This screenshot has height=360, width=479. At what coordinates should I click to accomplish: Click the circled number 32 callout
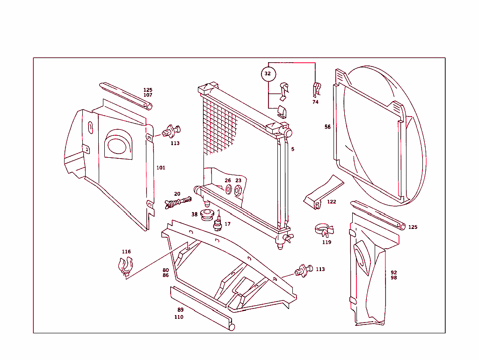click(268, 74)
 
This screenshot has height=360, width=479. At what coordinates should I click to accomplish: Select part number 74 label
click(315, 102)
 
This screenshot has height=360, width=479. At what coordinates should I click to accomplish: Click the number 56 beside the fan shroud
click(327, 127)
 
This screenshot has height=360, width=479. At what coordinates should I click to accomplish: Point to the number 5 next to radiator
click(293, 149)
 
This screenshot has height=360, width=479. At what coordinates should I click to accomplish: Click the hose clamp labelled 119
click(324, 230)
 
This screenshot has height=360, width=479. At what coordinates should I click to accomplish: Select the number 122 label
click(331, 202)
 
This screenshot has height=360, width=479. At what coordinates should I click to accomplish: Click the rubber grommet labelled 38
click(206, 216)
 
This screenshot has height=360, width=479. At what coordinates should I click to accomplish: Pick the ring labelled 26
click(228, 190)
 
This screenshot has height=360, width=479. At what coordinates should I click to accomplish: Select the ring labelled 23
click(238, 190)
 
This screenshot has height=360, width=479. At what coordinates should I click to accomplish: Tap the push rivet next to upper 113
click(172, 132)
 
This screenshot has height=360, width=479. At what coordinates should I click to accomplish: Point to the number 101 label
click(160, 168)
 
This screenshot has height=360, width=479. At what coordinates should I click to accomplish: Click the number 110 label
click(179, 317)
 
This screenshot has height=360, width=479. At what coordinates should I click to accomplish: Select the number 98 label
click(394, 278)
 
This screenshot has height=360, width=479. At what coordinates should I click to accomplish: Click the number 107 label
click(148, 95)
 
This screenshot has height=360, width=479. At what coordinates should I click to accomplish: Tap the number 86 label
click(166, 276)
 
